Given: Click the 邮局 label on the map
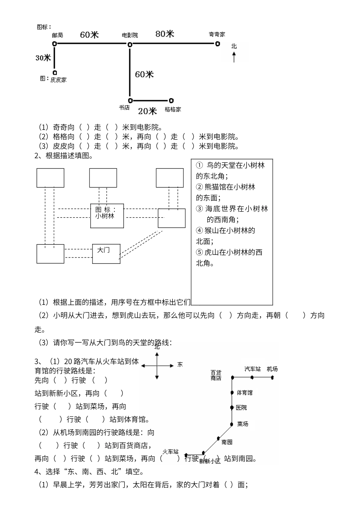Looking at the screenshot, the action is click(58, 35).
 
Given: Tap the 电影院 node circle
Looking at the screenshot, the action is click(130, 45).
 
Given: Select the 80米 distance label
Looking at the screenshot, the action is click(165, 34).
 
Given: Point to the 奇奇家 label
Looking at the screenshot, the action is click(217, 34).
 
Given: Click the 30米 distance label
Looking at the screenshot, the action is click(43, 58).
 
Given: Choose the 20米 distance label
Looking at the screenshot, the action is click(147, 111).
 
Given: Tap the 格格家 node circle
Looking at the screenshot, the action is click(171, 101).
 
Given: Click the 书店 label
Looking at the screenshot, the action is click(124, 108).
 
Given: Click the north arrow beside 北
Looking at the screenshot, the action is click(234, 58).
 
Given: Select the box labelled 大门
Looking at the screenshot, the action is click(106, 254).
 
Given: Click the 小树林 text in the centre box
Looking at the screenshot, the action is click(105, 216).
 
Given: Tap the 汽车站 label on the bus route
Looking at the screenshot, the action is click(252, 369).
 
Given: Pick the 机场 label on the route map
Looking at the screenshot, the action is click(272, 369).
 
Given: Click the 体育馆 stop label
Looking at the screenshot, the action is click(245, 393).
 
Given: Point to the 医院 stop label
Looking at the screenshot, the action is click(241, 408).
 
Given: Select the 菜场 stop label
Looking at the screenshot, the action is click(243, 424).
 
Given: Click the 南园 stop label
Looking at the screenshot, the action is click(227, 442).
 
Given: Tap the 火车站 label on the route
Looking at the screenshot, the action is click(170, 452).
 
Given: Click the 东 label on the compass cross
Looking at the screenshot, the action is click(180, 365).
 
